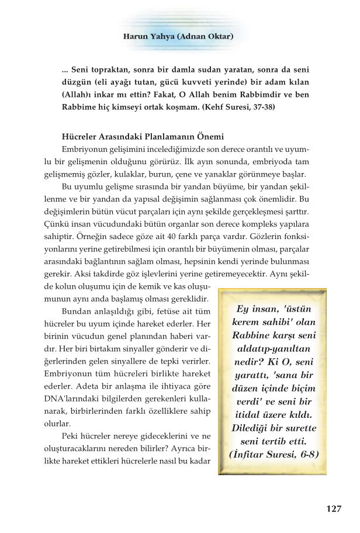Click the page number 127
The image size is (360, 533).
pyautogui.click(x=333, y=508)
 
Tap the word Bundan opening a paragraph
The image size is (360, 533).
pyautogui.click(x=76, y=311)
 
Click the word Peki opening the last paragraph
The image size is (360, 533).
pyautogui.click(x=71, y=437)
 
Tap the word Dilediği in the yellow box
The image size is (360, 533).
pyautogui.click(x=249, y=428)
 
